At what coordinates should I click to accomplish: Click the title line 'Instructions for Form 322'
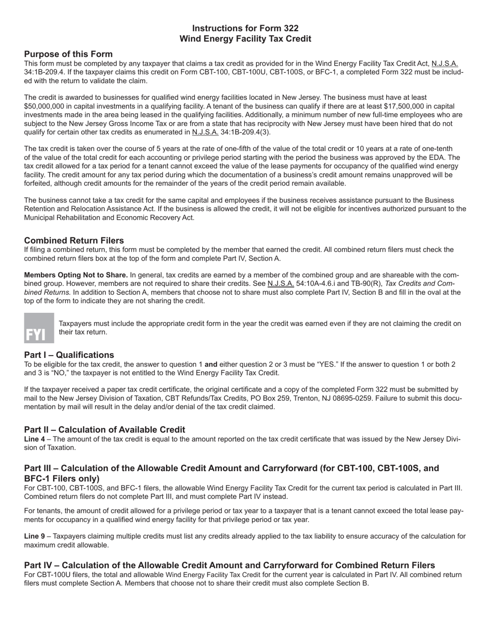(245, 28)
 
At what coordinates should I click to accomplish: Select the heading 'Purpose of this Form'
(68, 54)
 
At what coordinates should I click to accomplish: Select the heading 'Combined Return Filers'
(74, 240)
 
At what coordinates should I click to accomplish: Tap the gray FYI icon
(39, 328)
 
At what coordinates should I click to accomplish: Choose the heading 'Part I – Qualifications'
(69, 355)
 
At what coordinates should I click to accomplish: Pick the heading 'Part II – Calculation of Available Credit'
(104, 430)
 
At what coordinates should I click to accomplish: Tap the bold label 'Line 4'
(34, 439)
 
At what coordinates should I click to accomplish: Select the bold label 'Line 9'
(34, 536)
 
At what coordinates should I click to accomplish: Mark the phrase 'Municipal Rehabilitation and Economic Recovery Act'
(109, 218)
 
